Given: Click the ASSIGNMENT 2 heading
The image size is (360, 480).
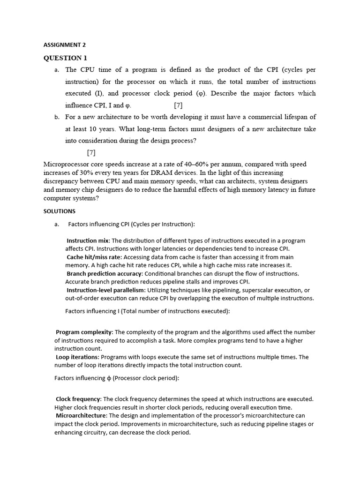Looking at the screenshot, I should click(x=65, y=45).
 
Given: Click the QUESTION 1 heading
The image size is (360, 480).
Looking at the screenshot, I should click(x=65, y=58).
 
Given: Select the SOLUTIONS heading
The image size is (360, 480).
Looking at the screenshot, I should click(x=59, y=211).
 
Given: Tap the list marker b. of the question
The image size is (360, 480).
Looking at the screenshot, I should click(x=57, y=117).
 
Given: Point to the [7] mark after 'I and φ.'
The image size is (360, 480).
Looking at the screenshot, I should click(x=178, y=105).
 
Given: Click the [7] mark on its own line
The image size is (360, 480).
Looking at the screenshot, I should click(x=91, y=152).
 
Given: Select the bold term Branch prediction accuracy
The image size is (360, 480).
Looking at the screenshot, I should click(x=104, y=273).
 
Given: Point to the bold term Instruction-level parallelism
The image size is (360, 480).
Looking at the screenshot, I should click(x=105, y=290).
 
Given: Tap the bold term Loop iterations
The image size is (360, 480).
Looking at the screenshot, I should click(x=77, y=357).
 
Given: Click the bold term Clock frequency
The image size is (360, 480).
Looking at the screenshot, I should click(x=78, y=399).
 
